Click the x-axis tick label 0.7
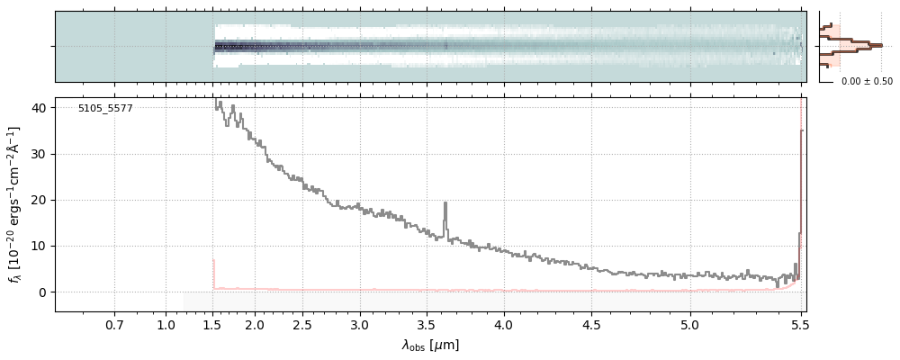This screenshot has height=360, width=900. (x=114, y=324)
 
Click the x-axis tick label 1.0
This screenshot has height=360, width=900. (x=166, y=324)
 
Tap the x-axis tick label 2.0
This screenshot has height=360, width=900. (x=255, y=324)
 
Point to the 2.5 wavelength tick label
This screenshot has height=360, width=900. (x=302, y=324)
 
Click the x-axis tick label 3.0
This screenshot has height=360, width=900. (x=360, y=324)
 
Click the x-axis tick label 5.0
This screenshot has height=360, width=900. (x=689, y=324)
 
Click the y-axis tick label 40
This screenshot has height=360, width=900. (x=39, y=108)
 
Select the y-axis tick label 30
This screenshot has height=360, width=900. (x=39, y=154)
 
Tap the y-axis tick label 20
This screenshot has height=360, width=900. (x=39, y=200)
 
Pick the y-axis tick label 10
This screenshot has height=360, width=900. (x=39, y=246)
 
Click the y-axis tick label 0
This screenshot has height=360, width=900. (x=42, y=292)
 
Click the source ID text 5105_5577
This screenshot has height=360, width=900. (x=105, y=108)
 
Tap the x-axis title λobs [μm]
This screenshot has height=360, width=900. (x=430, y=345)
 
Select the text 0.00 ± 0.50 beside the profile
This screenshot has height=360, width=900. (x=867, y=82)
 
